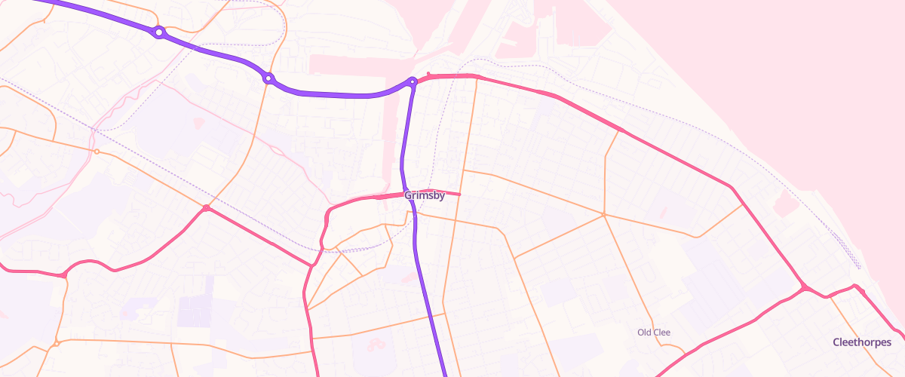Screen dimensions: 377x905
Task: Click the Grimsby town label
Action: pos(424,195)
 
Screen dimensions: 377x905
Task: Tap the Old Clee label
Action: pos(653,333)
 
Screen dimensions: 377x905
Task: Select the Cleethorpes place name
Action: pos(861,342)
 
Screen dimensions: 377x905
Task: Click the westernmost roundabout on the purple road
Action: pos(158,32)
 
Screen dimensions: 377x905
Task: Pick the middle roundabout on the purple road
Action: pos(268,78)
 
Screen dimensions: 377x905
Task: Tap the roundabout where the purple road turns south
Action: pos(413,81)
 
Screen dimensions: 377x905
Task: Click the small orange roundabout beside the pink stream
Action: pos(97,152)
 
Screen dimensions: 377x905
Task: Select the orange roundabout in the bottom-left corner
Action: pos(57,345)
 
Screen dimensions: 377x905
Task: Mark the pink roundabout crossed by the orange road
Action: pos(206,207)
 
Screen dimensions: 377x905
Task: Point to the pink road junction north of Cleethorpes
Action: pos(805,287)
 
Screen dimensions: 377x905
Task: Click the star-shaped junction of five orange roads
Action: pos(605,215)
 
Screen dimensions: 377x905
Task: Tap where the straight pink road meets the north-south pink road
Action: pos(311,265)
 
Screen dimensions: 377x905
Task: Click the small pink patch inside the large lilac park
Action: pos(199,121)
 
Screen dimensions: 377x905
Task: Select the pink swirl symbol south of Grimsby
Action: pos(376,345)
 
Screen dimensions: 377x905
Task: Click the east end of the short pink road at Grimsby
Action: pos(459,195)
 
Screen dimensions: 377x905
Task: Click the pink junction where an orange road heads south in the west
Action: pos(65,275)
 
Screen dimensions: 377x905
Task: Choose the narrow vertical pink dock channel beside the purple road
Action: pos(391,136)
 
